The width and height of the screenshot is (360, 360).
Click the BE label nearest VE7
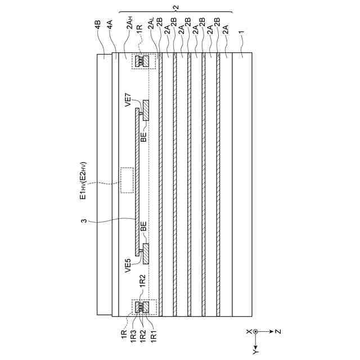coord(144,136)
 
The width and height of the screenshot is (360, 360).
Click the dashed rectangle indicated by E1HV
coord(127,180)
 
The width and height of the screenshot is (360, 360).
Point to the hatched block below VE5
coord(146,253)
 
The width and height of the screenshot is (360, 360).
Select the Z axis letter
coord(278,331)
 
